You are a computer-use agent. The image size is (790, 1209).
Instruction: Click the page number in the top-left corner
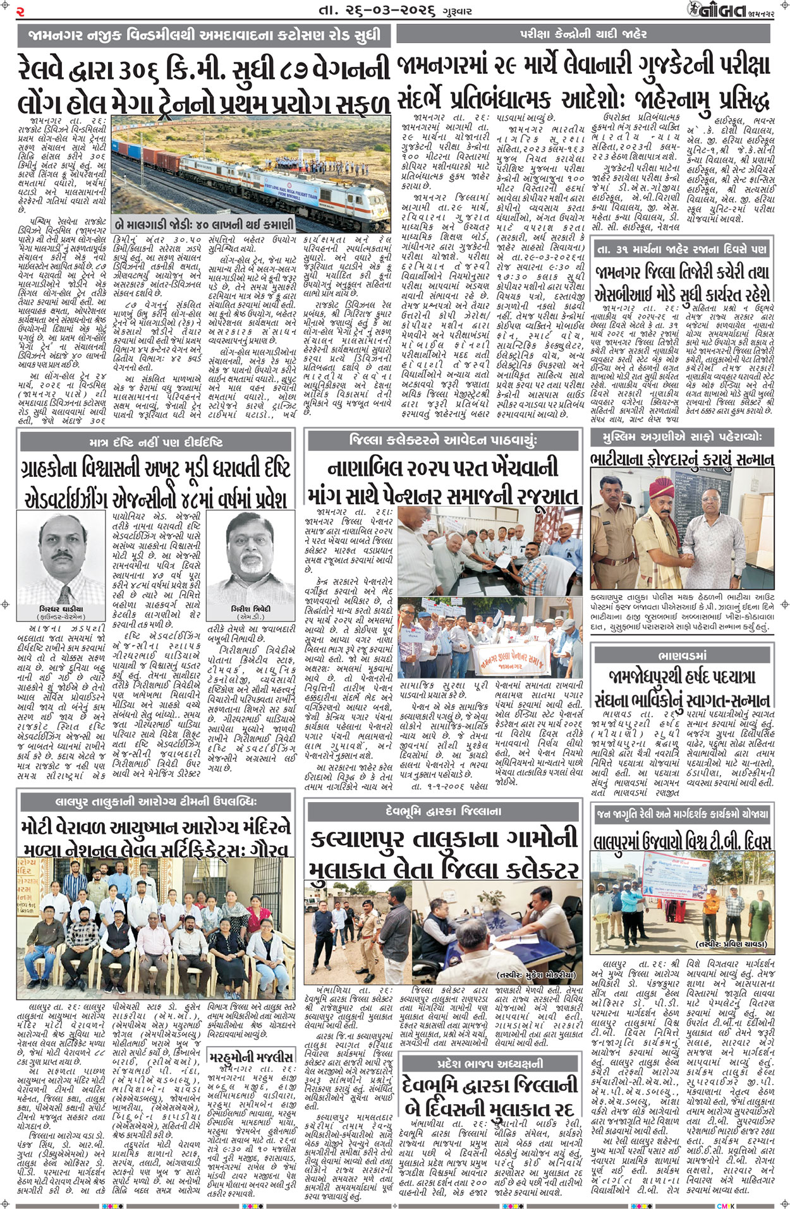tap(20, 11)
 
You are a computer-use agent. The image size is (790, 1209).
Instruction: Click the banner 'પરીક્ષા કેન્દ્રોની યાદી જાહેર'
tap(583, 33)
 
